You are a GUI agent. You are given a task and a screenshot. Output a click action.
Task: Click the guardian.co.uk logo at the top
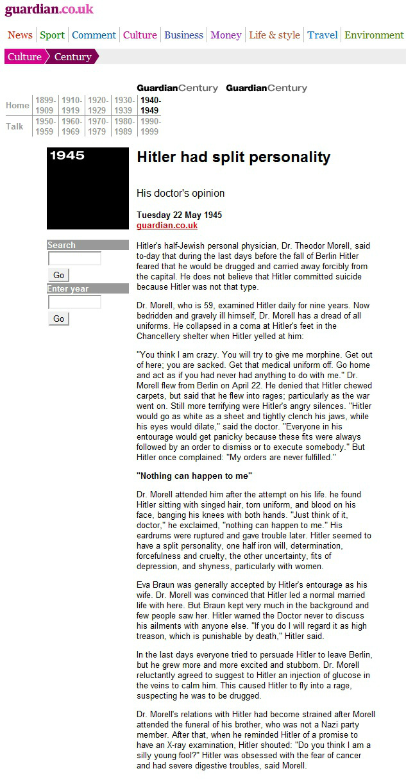coord(49,10)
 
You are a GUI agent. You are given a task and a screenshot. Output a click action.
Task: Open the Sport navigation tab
coord(52,35)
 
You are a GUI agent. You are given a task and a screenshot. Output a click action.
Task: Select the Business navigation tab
coord(183,35)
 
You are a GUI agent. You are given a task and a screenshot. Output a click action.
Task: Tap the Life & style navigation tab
coord(274,35)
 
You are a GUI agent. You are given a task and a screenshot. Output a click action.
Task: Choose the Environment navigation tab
coord(374,35)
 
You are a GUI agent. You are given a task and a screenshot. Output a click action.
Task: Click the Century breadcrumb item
coord(72,57)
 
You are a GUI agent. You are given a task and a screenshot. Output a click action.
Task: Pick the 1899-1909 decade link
coord(46,105)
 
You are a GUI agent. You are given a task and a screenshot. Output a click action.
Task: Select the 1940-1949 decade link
coord(151,105)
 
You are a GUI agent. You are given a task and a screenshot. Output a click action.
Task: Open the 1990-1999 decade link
coord(151,126)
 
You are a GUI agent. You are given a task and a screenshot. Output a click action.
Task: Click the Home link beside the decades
coord(17,105)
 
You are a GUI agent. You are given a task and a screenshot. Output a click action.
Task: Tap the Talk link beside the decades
coord(15,126)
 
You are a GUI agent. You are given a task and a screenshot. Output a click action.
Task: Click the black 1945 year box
coord(88,188)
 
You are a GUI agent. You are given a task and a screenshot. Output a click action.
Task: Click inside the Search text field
coord(74,259)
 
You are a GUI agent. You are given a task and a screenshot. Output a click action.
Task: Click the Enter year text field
coord(74,302)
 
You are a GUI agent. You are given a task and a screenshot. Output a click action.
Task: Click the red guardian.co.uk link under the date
coord(167,226)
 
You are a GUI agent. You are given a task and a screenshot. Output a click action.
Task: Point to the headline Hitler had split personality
coord(233,158)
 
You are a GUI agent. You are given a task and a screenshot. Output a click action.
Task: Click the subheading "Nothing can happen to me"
coord(194,476)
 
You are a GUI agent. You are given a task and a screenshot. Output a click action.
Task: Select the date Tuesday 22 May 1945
coord(180,215)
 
